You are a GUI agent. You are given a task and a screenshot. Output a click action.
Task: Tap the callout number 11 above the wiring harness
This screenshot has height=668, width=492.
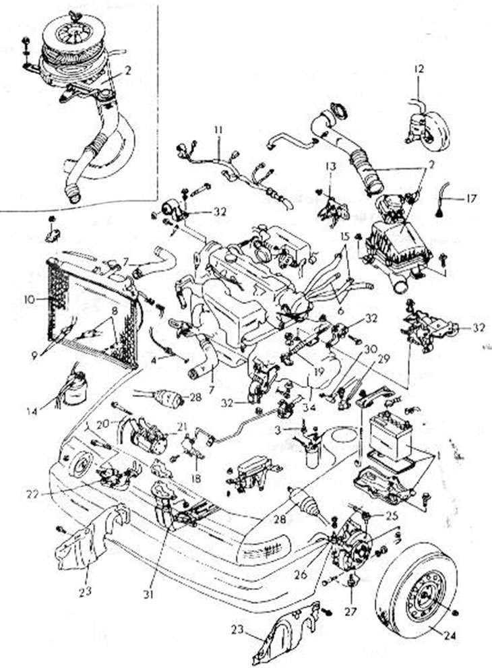(218, 129)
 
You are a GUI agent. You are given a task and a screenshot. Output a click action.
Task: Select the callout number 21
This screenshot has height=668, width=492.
(181, 427)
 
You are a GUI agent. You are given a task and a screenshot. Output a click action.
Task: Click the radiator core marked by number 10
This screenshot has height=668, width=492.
(88, 310)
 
